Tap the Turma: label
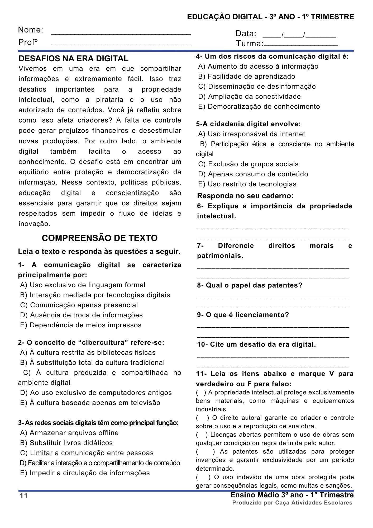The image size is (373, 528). [x=249, y=44]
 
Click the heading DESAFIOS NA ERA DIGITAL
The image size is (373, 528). [x=74, y=58]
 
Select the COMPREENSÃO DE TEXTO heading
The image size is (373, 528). [x=100, y=238]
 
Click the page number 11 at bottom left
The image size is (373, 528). [x=24, y=496]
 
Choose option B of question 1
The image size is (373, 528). [x=95, y=295]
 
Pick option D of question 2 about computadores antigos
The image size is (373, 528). [x=96, y=393]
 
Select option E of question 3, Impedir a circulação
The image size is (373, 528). [x=85, y=473]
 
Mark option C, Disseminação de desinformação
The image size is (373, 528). [x=257, y=86]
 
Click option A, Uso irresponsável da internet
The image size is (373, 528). [x=251, y=134]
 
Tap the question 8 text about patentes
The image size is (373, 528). [x=250, y=285]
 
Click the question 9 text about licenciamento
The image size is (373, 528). [x=243, y=315]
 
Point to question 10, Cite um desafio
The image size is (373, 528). [x=256, y=344]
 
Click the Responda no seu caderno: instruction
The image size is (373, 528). [x=245, y=196]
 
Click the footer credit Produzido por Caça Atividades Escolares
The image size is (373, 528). [x=292, y=503]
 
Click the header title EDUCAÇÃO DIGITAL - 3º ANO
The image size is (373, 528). [x=270, y=17]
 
